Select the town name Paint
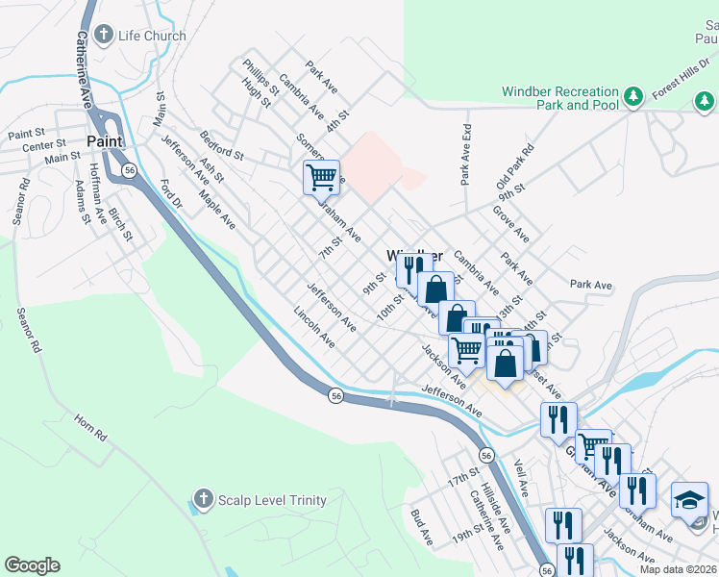104,141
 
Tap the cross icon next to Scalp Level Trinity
203,498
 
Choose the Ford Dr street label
172,192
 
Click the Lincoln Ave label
314,327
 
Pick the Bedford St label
221,145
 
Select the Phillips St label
260,76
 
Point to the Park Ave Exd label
466,154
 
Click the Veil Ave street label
522,478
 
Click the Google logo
32,565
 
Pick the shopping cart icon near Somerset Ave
321,177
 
